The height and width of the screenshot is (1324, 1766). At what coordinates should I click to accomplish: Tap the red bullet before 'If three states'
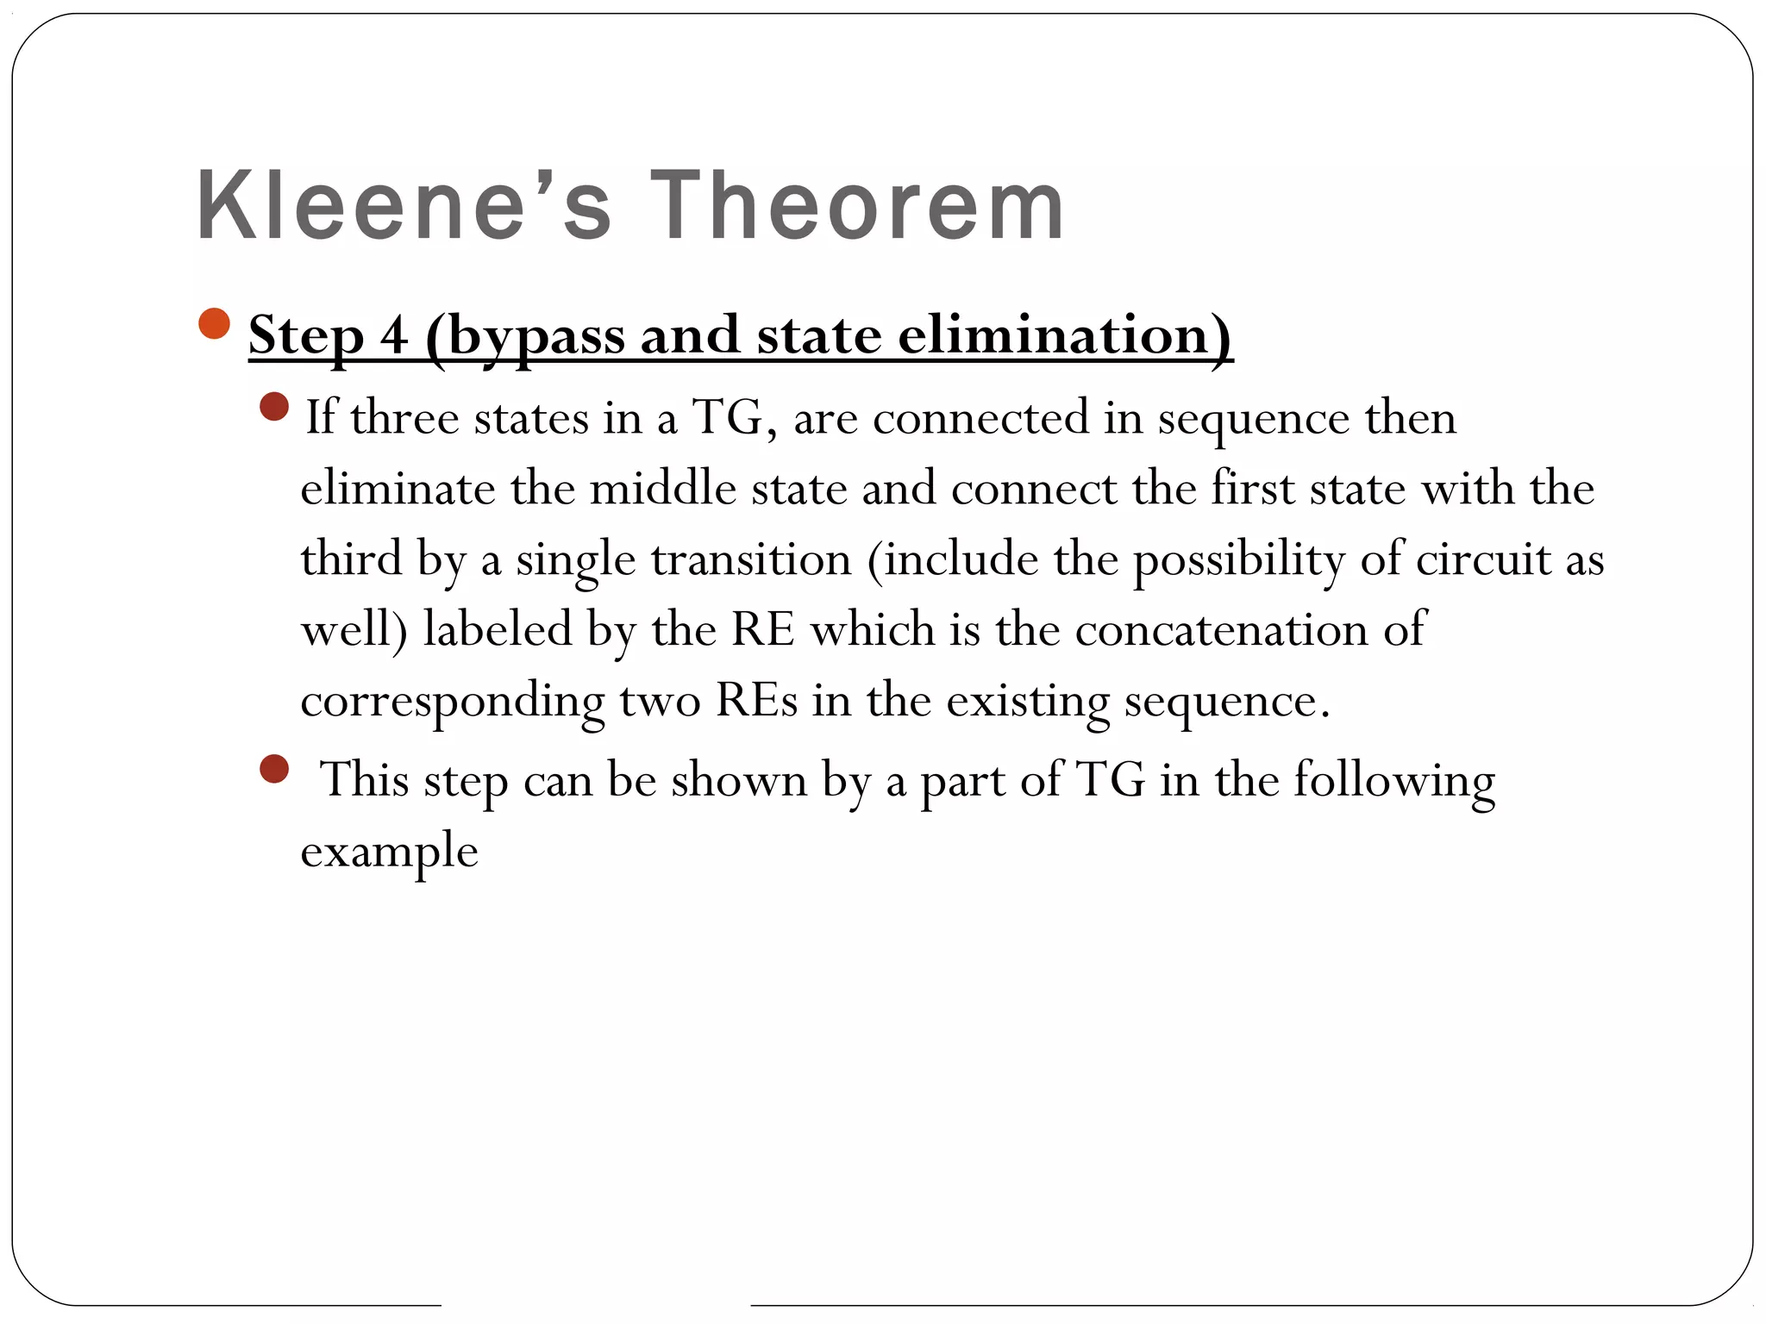click(273, 406)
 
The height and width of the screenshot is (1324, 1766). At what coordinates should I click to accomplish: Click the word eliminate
click(398, 489)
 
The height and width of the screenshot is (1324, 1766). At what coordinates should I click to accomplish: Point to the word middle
click(663, 489)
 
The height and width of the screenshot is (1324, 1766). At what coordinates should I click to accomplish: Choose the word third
click(352, 559)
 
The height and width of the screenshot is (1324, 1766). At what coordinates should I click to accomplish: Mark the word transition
click(751, 559)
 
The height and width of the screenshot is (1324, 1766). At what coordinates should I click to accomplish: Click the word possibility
click(1238, 560)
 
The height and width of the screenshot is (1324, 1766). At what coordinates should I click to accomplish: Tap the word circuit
click(1483, 559)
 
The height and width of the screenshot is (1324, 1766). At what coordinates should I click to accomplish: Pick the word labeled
click(498, 629)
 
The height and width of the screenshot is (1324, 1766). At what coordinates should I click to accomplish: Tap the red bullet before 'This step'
click(273, 769)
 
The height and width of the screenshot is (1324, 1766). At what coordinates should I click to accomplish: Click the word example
click(389, 852)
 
